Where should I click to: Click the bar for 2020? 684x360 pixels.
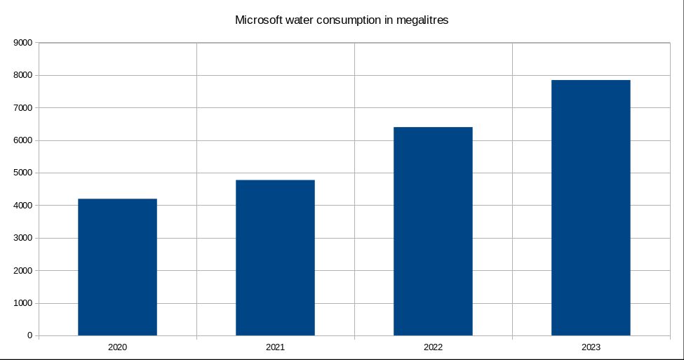[117, 267]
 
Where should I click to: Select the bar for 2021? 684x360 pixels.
[275, 258]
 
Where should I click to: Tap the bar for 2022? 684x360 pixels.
[433, 231]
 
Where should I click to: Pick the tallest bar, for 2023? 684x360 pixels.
[591, 208]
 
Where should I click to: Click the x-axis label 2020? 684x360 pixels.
[117, 347]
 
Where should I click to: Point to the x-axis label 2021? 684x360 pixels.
[275, 347]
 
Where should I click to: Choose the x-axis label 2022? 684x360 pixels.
[433, 347]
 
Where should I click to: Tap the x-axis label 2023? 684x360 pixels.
[591, 347]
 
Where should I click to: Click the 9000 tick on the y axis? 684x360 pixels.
[23, 43]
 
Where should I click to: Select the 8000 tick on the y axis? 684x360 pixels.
[23, 75]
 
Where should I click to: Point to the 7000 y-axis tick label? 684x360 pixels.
[23, 108]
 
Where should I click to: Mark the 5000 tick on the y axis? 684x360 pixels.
[23, 173]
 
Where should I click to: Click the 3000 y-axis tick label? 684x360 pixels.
[23, 238]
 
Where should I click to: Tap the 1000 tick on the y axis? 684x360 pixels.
[23, 303]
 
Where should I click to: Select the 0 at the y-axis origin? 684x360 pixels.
[29, 335]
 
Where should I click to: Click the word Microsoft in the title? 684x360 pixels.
[258, 20]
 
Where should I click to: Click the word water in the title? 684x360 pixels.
[300, 20]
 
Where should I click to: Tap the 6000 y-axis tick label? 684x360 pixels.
[23, 140]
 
